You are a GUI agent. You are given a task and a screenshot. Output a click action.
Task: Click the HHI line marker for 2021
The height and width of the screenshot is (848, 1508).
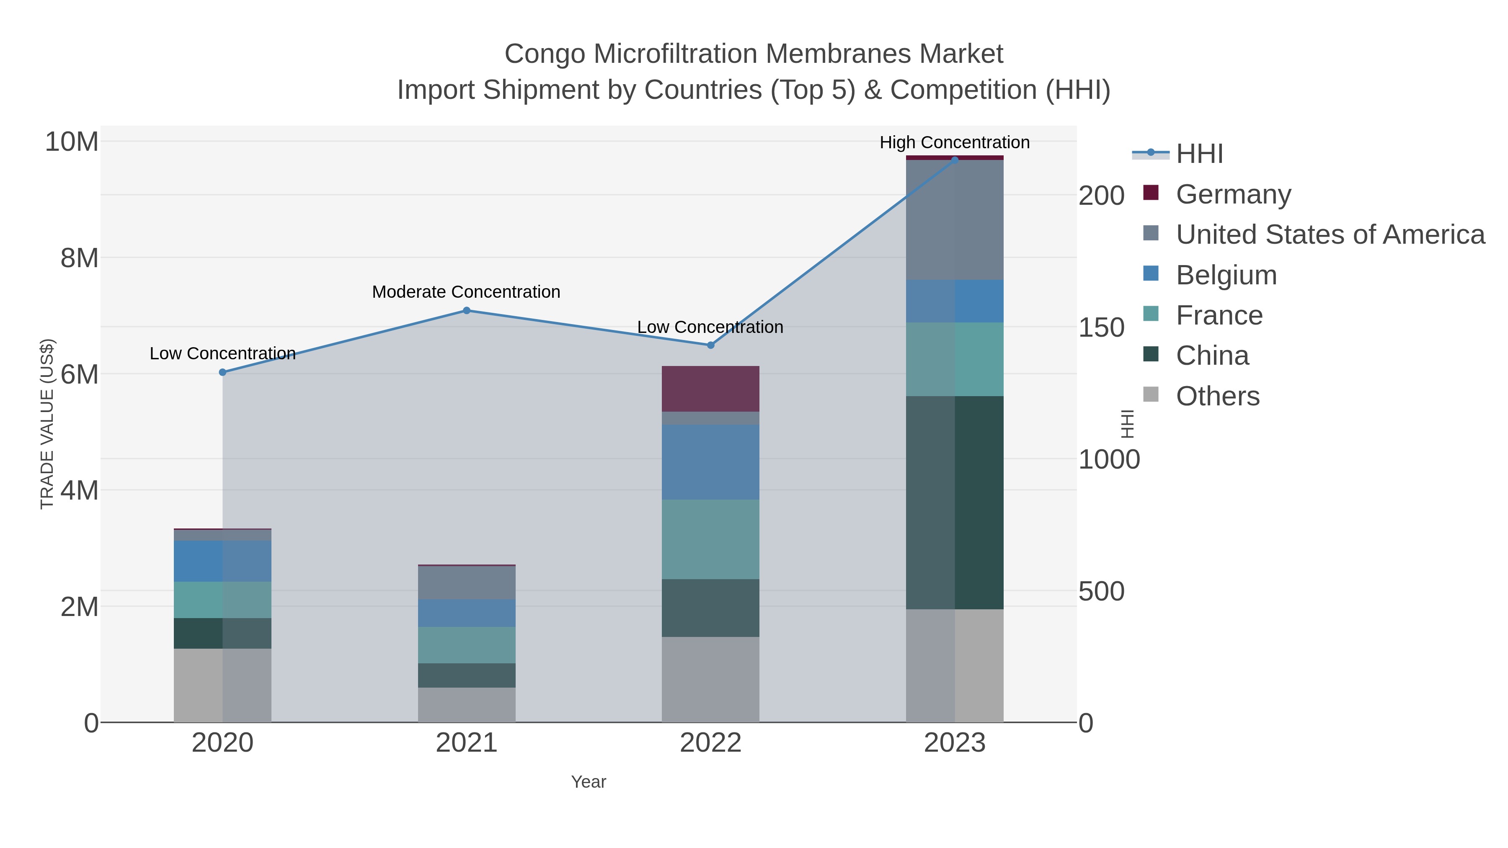[x=467, y=310]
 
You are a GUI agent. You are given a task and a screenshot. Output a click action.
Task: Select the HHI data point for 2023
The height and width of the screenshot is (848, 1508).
[x=954, y=160]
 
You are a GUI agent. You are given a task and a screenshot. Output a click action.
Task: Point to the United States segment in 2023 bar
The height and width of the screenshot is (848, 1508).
[x=954, y=219]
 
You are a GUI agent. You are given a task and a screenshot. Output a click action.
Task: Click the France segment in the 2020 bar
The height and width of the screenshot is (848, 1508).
[x=222, y=599]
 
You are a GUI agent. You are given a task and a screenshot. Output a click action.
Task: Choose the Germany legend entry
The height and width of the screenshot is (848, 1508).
[x=1233, y=194]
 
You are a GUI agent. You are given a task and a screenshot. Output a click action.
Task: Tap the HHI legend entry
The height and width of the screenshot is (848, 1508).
[x=1199, y=154]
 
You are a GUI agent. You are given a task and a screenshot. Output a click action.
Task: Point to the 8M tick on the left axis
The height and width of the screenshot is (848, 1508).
[x=80, y=258]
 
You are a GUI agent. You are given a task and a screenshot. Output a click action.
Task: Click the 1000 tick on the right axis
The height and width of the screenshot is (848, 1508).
[x=1108, y=459]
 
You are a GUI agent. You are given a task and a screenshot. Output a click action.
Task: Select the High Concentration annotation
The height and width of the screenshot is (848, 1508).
[x=954, y=142]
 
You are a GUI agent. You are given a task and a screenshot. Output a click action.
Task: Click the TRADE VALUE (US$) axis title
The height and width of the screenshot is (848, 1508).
[x=47, y=424]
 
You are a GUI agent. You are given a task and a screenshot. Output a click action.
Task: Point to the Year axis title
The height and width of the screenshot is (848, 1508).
[x=589, y=781]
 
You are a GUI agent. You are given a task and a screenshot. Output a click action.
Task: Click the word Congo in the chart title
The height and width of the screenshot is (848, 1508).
[x=545, y=54]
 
